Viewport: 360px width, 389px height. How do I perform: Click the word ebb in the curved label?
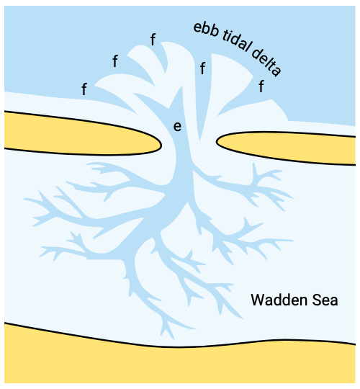[207, 30]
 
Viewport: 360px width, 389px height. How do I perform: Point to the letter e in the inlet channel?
[177, 127]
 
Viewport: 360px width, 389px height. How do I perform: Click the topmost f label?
[153, 40]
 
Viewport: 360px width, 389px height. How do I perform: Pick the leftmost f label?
[84, 89]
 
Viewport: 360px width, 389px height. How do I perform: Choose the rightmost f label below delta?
[261, 86]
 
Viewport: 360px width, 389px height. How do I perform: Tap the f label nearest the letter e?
[202, 68]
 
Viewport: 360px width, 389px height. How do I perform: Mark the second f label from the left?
[115, 61]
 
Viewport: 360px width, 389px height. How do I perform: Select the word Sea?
[325, 300]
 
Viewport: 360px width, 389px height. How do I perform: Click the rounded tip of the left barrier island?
[161, 146]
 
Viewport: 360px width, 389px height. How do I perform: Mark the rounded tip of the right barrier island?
[217, 142]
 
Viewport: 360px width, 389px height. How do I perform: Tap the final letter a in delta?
[276, 71]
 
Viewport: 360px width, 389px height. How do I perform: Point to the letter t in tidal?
[225, 35]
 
